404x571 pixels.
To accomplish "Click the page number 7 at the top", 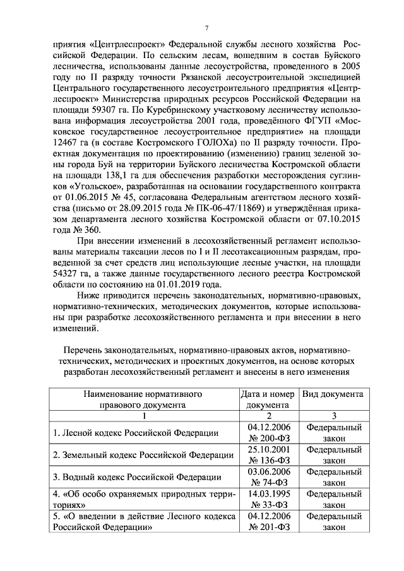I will (x=206, y=27).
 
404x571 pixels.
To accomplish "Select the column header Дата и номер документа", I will (x=268, y=399).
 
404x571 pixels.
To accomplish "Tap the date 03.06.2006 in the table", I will (x=268, y=471).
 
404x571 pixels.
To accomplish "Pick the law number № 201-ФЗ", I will (x=268, y=527).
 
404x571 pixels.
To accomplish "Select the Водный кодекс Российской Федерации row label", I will (x=136, y=477).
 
